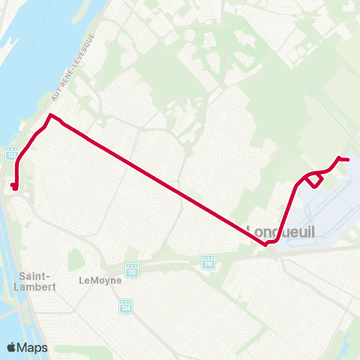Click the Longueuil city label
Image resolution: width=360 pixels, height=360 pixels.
(281, 232)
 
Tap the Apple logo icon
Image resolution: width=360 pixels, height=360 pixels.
(12, 347)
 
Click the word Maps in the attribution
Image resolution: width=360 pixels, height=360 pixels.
(33, 347)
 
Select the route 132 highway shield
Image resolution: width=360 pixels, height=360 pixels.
(12, 152)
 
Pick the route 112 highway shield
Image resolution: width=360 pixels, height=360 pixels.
(132, 268)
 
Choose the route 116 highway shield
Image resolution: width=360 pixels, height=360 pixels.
(208, 262)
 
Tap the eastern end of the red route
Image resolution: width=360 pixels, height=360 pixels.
(348, 159)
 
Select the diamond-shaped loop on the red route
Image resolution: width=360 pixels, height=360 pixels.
(314, 180)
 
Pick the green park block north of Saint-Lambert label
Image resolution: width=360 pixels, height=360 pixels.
(75, 259)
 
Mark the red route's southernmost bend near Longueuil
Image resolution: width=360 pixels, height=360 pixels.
(268, 242)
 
